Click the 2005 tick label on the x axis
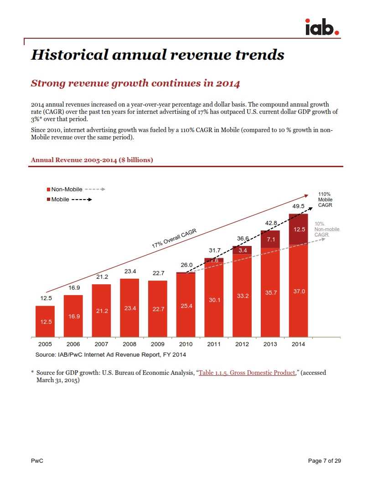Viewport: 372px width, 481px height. tap(45, 344)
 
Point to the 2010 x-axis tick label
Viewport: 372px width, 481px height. tap(186, 344)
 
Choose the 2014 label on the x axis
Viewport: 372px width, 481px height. tap(298, 344)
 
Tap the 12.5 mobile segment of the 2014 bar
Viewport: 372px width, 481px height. tap(299, 229)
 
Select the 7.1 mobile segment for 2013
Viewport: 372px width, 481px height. tap(270, 240)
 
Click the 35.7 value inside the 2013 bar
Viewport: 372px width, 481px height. tap(271, 293)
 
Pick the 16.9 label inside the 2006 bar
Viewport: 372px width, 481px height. tap(73, 316)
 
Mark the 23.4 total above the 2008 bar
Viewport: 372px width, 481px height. tap(130, 271)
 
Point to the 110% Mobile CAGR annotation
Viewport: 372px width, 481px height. tap(325, 200)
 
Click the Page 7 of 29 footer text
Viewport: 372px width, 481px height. tap(324, 461)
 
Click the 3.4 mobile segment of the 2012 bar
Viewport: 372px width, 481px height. tap(243, 251)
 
